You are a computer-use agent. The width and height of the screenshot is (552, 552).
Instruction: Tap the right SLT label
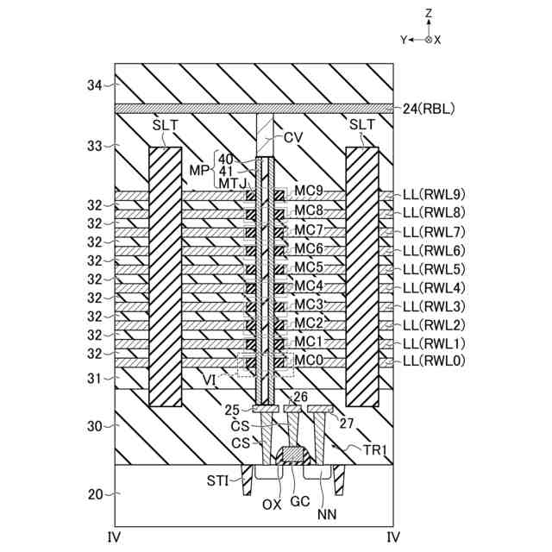[x=361, y=125]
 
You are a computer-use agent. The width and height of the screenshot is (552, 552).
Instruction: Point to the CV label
[x=294, y=137]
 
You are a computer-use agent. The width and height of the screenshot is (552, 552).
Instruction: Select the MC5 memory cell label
[x=309, y=267]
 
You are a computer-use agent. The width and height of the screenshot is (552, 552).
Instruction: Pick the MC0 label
[x=309, y=359]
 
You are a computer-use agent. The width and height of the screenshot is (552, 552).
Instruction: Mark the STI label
[x=217, y=480]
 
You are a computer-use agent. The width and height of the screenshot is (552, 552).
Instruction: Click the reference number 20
[x=94, y=494]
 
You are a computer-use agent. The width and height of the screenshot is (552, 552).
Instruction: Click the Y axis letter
[x=402, y=40]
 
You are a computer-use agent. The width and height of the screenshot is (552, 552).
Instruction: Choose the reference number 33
[x=94, y=146]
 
